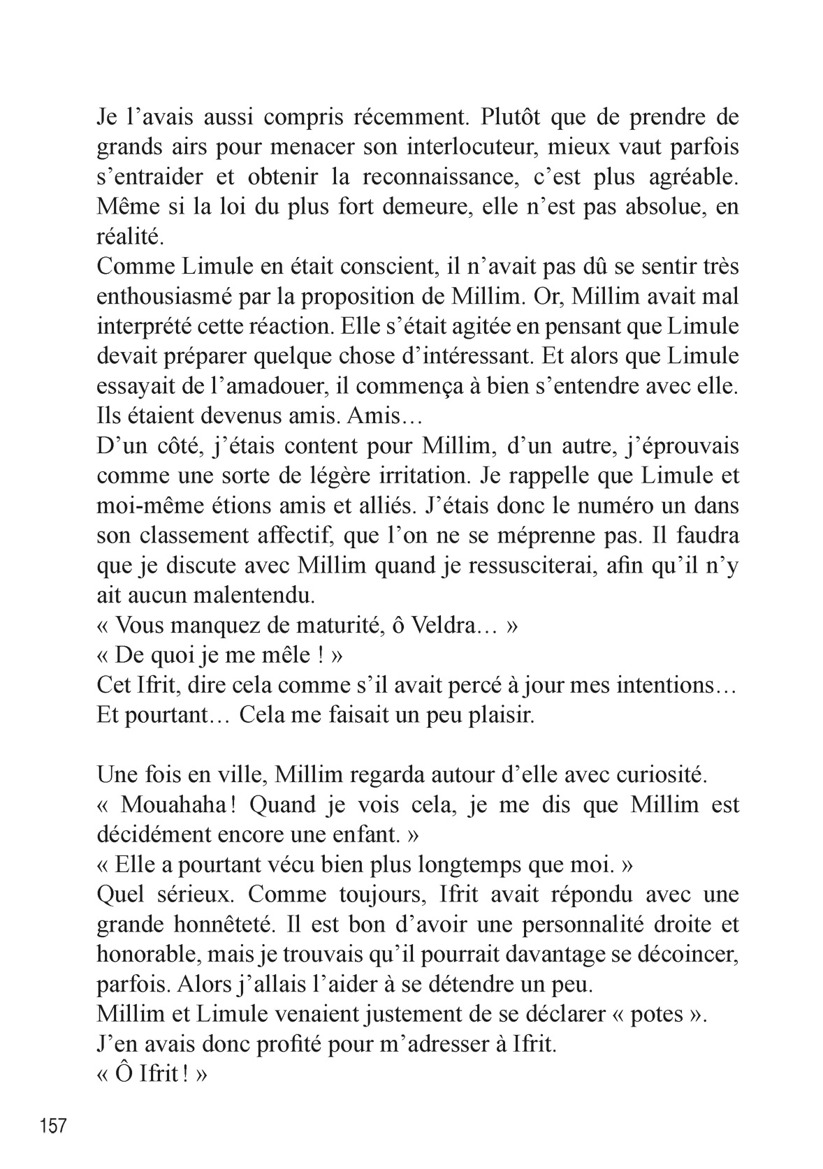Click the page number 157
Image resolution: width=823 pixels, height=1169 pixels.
(53, 1126)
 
